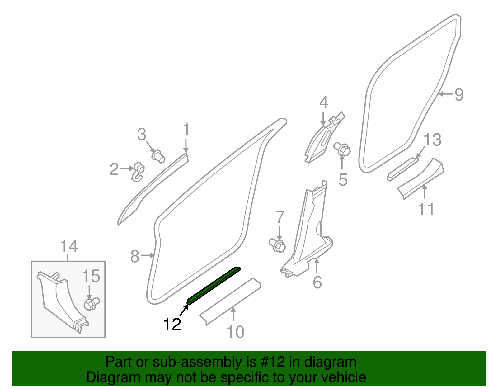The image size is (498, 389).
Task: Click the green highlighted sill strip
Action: (214, 286)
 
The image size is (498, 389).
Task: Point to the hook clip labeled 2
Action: (138, 172)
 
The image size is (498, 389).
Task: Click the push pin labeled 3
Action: (158, 156)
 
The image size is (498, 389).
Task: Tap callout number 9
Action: (459, 94)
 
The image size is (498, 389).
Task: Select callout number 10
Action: (235, 332)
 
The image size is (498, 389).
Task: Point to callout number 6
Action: (317, 282)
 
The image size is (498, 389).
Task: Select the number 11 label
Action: (426, 209)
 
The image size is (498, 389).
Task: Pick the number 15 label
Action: (91, 276)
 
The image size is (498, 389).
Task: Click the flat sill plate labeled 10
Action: (230, 301)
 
